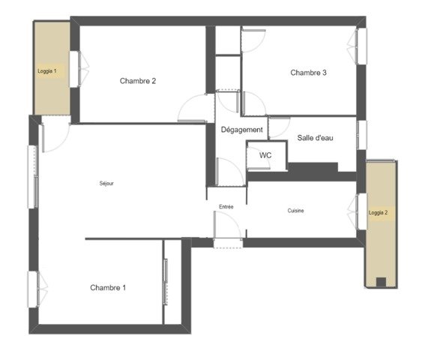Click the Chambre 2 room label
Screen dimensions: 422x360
point(138,81)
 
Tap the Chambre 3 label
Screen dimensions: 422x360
point(308,73)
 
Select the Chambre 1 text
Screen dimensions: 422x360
point(108,287)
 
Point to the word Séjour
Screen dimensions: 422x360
point(106,183)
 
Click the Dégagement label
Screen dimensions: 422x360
point(241,130)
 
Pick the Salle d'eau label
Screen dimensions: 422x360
point(315,138)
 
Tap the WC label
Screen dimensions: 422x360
point(265,155)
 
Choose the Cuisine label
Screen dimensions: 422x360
point(296,211)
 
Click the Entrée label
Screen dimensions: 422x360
point(226,207)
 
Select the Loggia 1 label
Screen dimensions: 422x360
point(47,71)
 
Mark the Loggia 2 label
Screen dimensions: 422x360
point(378,213)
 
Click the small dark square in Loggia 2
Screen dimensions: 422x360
point(381,282)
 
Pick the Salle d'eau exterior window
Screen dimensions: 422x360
point(362,135)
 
